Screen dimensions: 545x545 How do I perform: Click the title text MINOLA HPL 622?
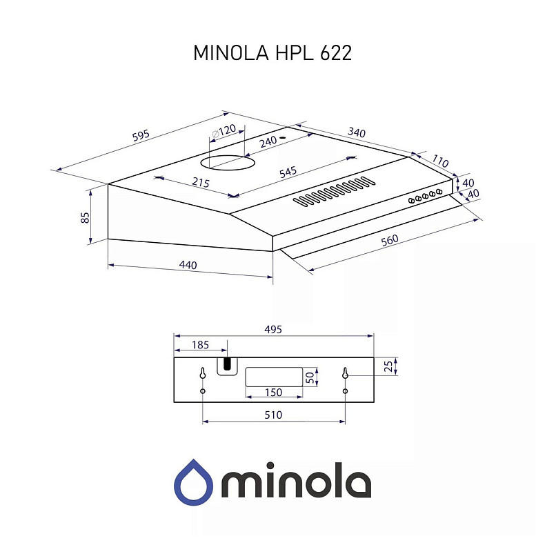pyautogui.click(x=272, y=54)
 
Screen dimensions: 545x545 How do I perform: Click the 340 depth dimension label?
pyautogui.click(x=357, y=132)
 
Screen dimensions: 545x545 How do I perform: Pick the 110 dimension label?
pyautogui.click(x=440, y=162)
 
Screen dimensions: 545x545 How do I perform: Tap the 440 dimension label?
pyautogui.click(x=188, y=265)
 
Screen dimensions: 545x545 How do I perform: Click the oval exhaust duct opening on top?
pyautogui.click(x=228, y=163)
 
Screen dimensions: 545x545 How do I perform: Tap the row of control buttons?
pyautogui.click(x=425, y=195)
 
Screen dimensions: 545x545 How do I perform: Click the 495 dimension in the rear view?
pyautogui.click(x=272, y=330)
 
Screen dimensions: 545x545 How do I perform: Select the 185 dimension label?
pyautogui.click(x=200, y=343)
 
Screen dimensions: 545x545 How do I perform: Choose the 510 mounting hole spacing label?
pyautogui.click(x=273, y=415)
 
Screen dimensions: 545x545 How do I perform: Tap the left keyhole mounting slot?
pyautogui.click(x=202, y=373)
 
